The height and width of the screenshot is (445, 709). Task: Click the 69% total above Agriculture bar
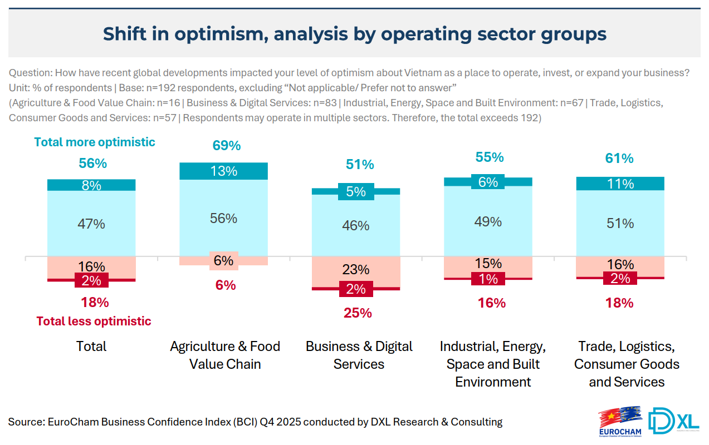[x=227, y=146]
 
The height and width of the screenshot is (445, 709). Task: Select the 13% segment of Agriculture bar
[x=224, y=171]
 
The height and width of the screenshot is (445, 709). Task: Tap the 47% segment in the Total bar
[x=91, y=224]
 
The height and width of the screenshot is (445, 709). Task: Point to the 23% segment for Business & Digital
[x=356, y=270]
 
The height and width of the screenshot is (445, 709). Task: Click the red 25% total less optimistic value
[x=358, y=313]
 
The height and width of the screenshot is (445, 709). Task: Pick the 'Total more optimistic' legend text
[x=95, y=142]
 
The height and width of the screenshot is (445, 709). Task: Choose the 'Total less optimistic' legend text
[x=94, y=321]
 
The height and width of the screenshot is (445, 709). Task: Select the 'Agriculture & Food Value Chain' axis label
[x=225, y=355]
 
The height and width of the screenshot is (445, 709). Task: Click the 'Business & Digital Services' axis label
[x=359, y=355]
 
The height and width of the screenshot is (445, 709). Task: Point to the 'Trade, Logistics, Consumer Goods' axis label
[x=627, y=364]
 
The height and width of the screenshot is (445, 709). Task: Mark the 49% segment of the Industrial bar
[x=488, y=221]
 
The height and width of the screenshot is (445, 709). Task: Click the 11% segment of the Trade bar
[x=620, y=184]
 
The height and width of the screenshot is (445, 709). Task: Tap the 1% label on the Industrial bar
[x=488, y=279]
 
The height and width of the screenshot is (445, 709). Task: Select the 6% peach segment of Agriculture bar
[x=224, y=260]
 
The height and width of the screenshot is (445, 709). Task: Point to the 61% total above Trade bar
[x=619, y=159]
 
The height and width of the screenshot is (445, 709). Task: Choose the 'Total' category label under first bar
[x=91, y=346]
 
